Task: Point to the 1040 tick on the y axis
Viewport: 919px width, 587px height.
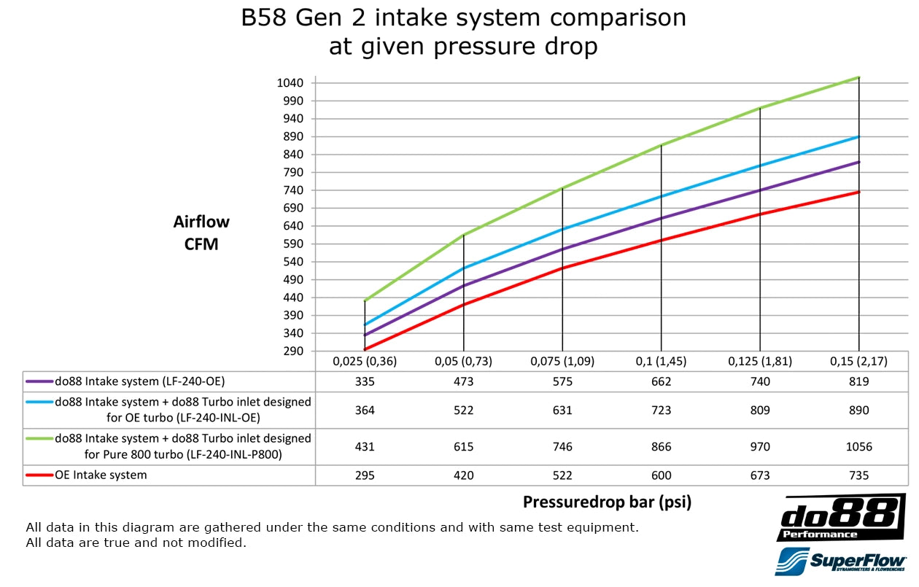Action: tap(290, 83)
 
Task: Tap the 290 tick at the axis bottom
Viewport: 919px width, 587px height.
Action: tap(293, 351)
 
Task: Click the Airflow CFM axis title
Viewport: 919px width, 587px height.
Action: tap(201, 233)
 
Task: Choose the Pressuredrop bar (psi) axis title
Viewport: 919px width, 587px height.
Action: tap(607, 502)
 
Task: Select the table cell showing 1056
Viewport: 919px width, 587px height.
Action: tap(858, 446)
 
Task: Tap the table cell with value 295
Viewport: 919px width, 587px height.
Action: tap(365, 475)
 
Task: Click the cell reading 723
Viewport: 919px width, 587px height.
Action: tap(661, 411)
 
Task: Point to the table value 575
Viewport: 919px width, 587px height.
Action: tap(562, 381)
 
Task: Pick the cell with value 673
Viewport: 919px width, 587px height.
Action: tap(760, 475)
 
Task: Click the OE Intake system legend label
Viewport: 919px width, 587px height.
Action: tap(101, 475)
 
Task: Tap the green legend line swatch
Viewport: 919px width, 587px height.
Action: tap(39, 439)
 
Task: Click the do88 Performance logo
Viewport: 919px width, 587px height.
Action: tap(841, 516)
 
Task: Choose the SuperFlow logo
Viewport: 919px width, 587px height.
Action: tap(839, 563)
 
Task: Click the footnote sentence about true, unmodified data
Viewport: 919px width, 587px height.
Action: tap(136, 543)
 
